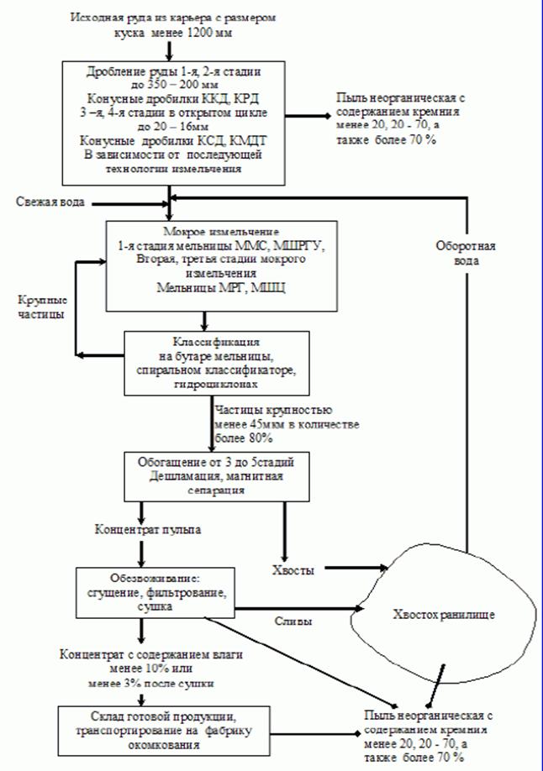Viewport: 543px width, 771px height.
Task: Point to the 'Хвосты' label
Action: (x=296, y=570)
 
